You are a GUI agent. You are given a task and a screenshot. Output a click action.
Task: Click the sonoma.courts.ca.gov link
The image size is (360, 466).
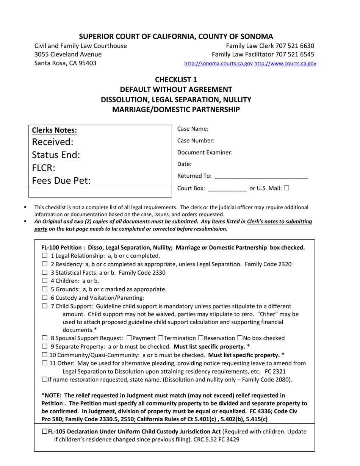218,64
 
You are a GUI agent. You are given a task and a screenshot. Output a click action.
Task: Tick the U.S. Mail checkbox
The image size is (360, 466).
286,188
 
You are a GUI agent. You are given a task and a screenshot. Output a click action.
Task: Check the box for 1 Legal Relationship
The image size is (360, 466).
45,256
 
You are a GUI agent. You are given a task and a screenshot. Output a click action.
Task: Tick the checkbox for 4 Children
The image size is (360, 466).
45,281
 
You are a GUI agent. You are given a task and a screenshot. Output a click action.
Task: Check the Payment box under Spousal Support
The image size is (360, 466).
130,338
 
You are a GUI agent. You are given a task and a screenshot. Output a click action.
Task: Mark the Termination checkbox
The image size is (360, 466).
160,338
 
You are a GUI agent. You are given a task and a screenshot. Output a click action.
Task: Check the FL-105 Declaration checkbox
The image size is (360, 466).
45,432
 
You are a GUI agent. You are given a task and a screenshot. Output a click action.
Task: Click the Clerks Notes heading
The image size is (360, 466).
55,131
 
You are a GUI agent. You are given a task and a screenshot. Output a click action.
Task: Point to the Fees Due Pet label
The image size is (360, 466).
61,181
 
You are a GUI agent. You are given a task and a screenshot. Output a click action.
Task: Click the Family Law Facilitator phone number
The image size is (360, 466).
294,55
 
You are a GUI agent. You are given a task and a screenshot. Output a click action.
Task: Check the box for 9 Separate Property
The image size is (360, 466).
45,346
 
